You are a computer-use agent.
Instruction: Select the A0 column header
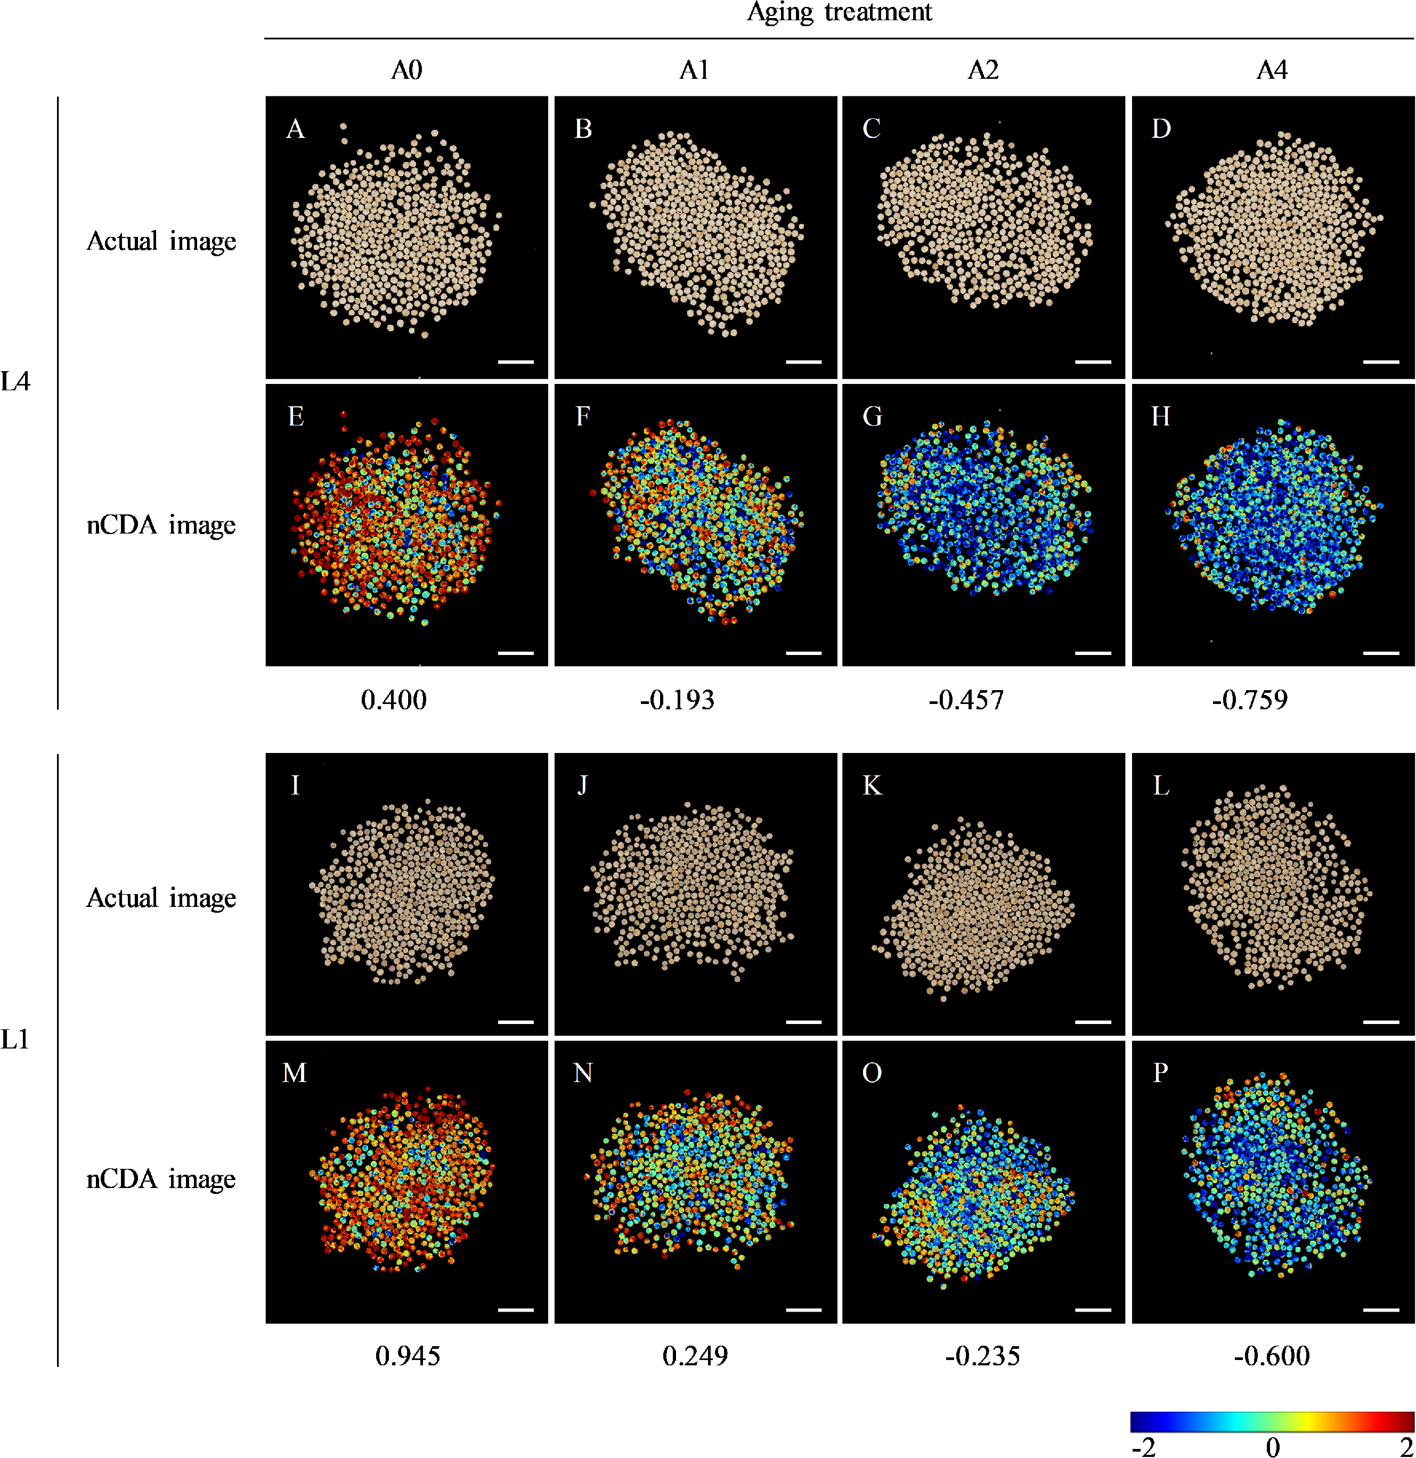406,70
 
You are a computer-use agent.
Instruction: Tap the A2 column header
982,70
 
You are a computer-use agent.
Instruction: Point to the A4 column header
1272,70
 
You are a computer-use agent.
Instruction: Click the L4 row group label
15,382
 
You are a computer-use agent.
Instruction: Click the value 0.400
394,700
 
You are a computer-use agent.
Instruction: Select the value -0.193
677,700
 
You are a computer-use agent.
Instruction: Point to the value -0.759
1250,700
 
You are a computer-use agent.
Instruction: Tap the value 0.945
408,1356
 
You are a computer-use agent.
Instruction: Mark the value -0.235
982,1356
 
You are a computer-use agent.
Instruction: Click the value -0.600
1272,1356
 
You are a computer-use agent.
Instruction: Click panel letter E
296,416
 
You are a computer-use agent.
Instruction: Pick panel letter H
1161,416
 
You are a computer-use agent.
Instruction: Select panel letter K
872,785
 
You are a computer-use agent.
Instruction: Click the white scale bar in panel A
516,362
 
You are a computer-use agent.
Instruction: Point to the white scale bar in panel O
1093,1310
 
